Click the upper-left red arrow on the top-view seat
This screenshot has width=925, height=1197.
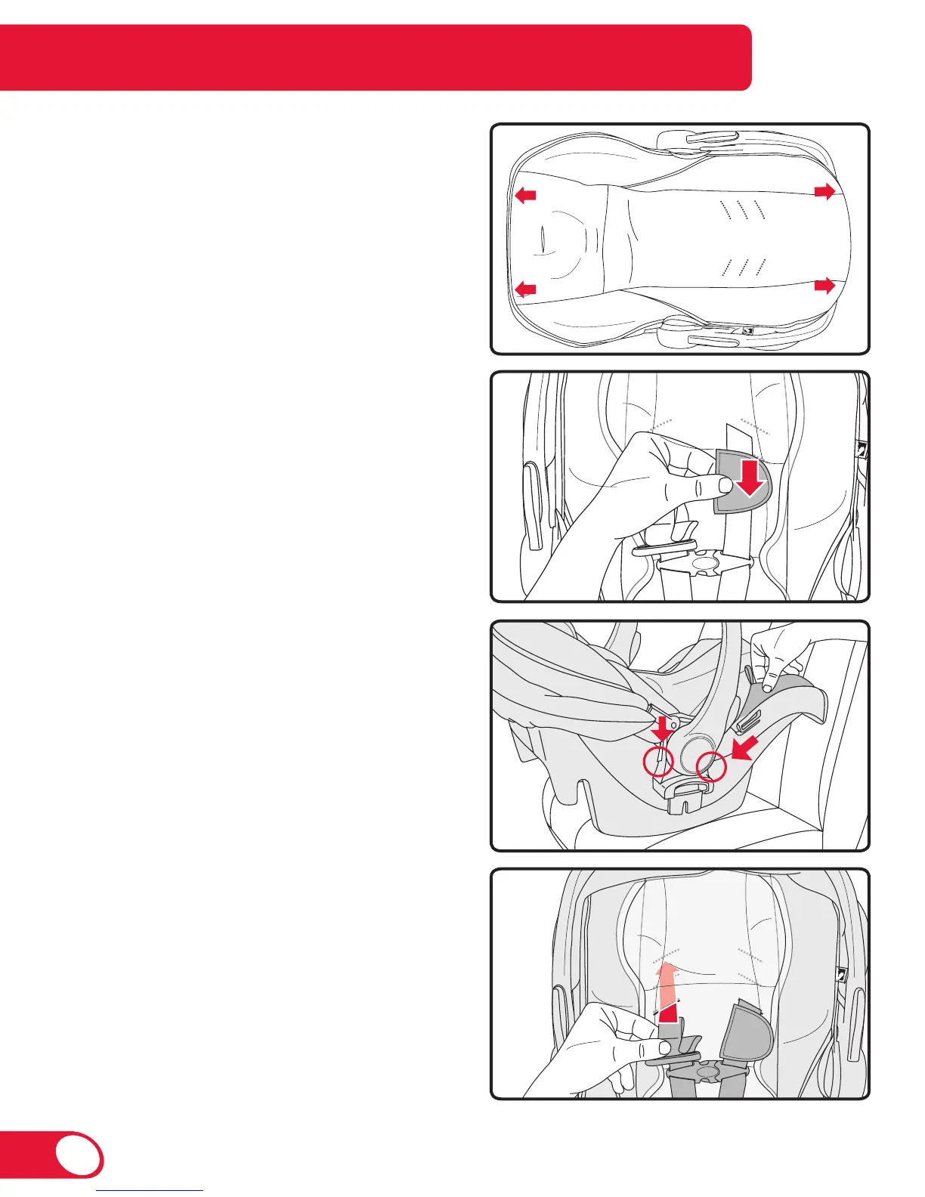(x=525, y=196)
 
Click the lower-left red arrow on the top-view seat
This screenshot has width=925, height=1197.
(x=525, y=289)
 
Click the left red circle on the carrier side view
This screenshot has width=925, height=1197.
(x=658, y=763)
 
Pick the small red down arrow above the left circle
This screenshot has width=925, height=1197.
(x=663, y=729)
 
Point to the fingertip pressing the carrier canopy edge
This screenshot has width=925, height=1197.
(x=769, y=688)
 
